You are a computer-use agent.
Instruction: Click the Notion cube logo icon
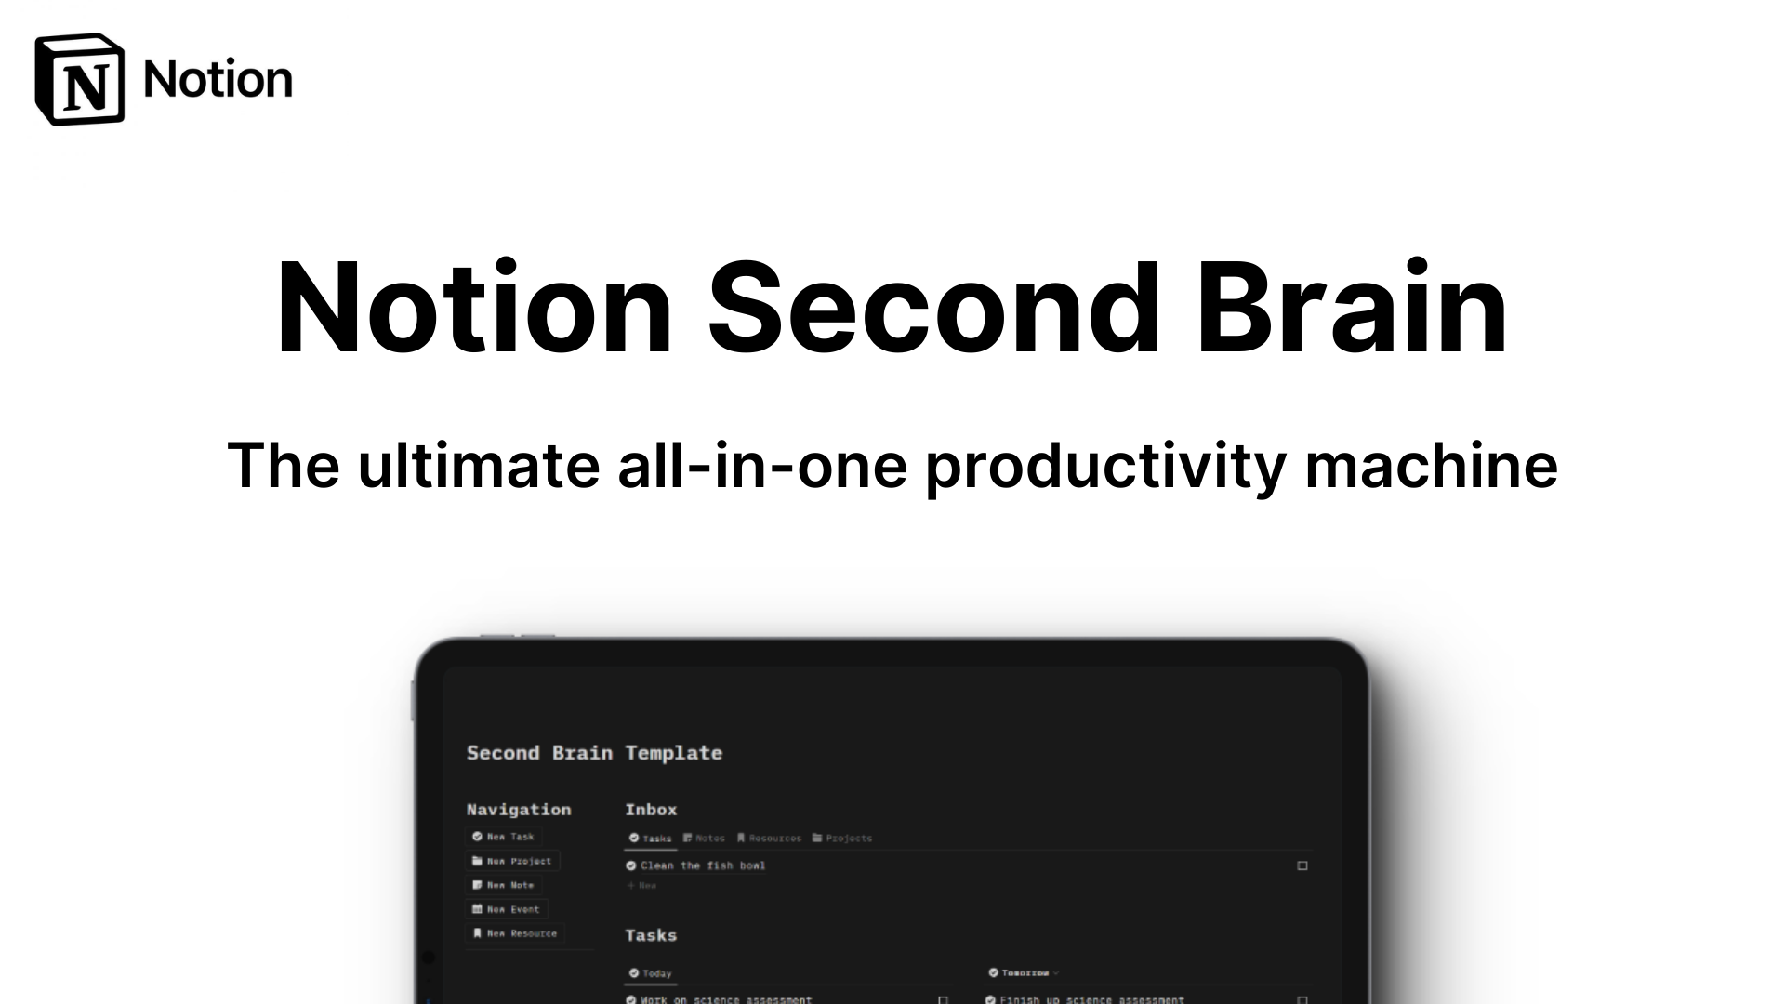79,80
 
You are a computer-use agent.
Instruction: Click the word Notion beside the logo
218,80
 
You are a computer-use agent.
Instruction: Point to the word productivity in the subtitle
1105,465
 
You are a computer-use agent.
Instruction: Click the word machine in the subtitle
1431,465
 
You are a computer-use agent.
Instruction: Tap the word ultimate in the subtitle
479,465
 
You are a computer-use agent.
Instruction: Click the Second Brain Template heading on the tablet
594,753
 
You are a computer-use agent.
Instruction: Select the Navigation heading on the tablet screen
519,810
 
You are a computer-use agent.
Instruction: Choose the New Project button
512,861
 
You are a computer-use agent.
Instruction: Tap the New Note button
503,885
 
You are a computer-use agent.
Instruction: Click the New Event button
506,909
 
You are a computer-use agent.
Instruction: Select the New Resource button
514,933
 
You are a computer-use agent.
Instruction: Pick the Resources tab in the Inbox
769,838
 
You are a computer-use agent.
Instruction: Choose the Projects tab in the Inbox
842,838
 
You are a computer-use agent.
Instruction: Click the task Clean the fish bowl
703,865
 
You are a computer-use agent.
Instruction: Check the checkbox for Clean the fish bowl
1302,865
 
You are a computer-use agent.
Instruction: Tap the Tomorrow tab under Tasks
1024,972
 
